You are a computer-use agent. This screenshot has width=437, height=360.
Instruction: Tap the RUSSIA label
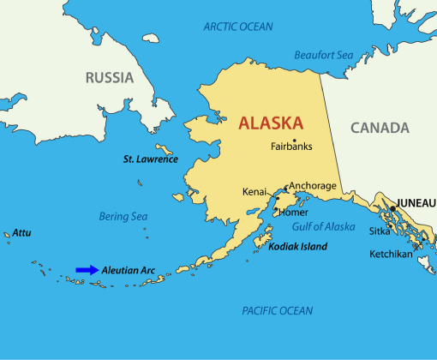[x=110, y=78]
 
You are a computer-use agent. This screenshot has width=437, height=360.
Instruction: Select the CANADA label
[x=379, y=128]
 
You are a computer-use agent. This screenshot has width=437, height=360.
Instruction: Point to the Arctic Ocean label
[x=237, y=27]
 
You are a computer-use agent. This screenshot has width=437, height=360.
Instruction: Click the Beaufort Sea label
[x=323, y=55]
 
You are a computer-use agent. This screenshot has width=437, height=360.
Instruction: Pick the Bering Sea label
[x=123, y=217]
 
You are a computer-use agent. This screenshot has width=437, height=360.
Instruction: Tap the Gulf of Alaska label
[x=324, y=226]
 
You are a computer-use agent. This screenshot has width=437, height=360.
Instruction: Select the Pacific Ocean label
[x=277, y=310]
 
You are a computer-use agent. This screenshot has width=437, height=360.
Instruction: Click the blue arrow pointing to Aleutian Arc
[x=87, y=270]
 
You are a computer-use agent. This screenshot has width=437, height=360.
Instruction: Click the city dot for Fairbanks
[x=294, y=140]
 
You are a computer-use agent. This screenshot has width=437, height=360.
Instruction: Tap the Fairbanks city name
[x=291, y=147]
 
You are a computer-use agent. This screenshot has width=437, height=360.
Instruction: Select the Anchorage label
[x=312, y=185]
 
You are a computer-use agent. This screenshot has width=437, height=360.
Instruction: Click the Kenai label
[x=254, y=191]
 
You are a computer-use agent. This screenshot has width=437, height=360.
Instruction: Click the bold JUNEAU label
[x=415, y=202]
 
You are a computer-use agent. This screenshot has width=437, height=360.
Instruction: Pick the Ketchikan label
[x=391, y=254]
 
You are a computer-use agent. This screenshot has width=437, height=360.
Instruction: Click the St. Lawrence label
[x=150, y=159]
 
